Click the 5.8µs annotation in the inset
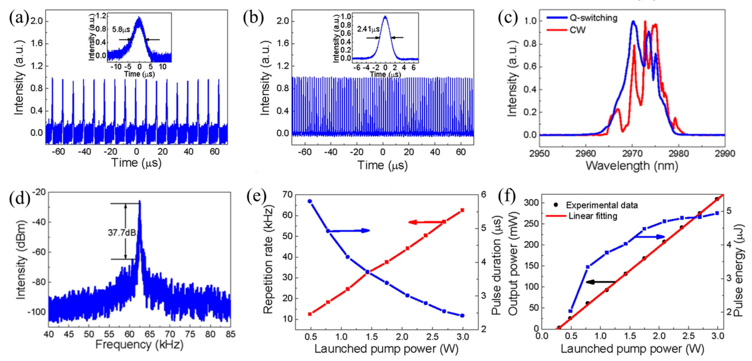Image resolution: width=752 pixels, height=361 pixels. click(x=121, y=29)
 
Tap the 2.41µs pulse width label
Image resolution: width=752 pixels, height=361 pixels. click(x=368, y=29)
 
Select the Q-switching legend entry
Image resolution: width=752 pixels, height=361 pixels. click(x=593, y=18)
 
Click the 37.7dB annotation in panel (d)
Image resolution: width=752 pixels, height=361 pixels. click(x=122, y=233)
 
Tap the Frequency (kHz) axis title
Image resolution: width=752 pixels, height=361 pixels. click(x=139, y=345)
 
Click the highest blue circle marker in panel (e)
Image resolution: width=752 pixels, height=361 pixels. click(x=310, y=201)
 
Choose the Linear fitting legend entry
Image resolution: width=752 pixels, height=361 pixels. click(x=593, y=216)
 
